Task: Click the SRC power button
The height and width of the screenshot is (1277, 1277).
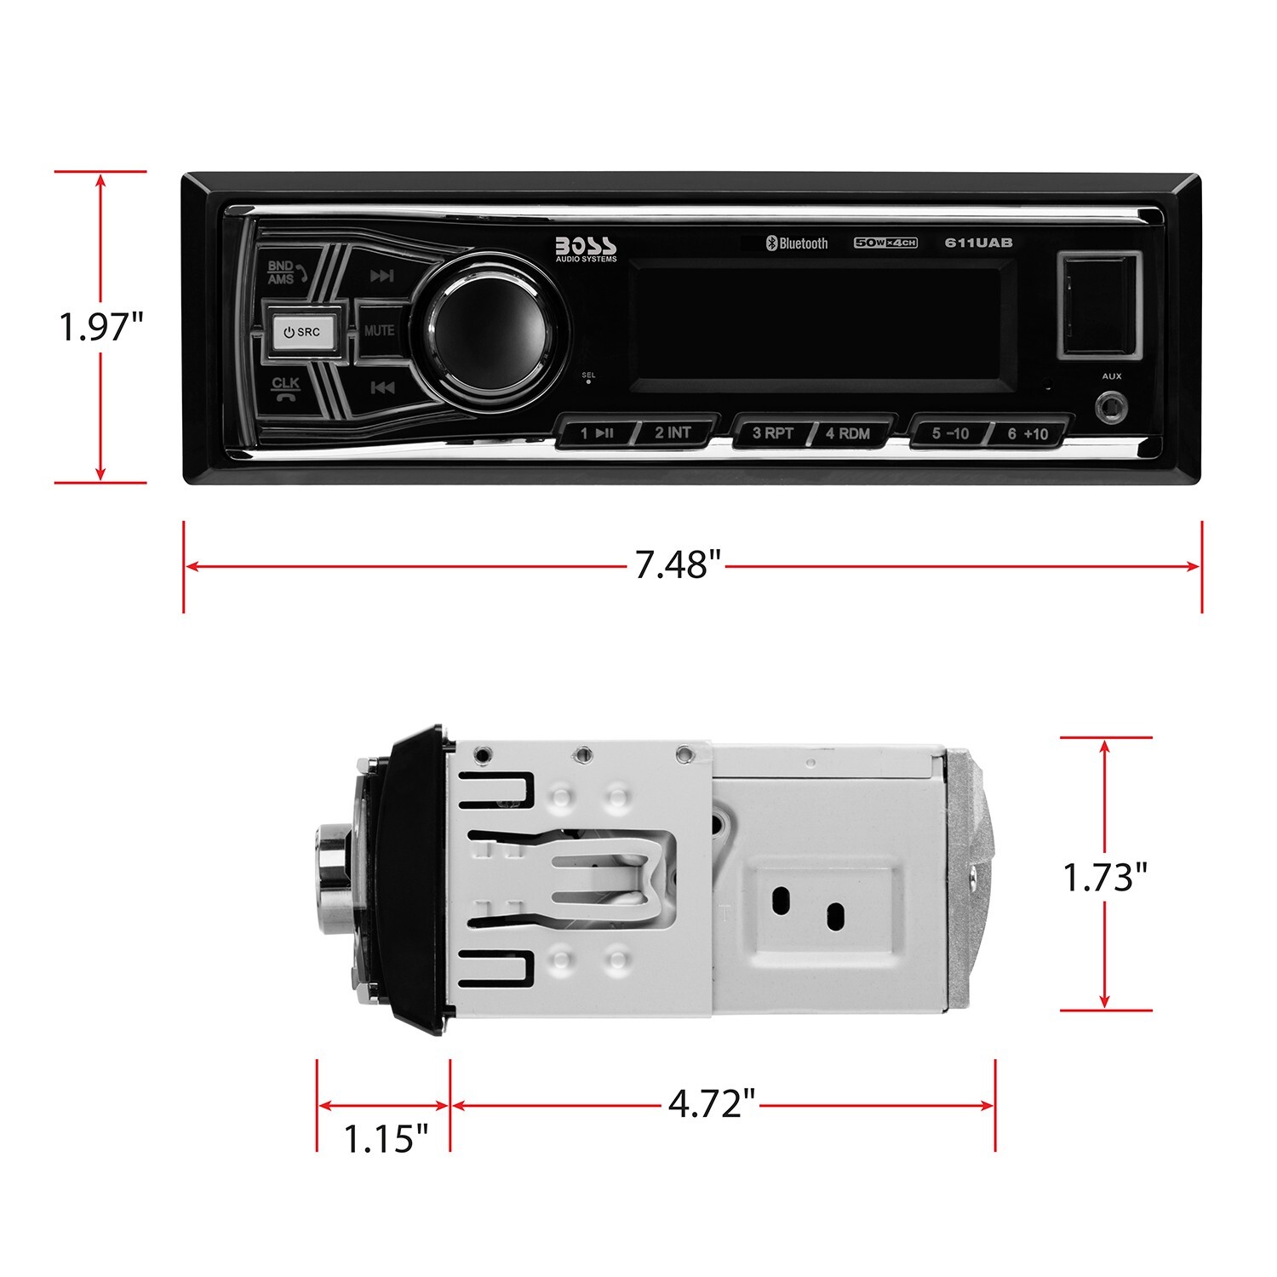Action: (x=302, y=331)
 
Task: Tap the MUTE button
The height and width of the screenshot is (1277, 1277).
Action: (x=379, y=330)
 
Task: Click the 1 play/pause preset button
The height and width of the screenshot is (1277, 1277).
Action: (x=597, y=432)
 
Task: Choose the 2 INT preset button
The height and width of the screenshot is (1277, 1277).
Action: (x=673, y=432)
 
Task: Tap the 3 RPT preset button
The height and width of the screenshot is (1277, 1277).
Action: (x=772, y=432)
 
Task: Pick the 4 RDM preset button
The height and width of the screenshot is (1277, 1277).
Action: (x=848, y=433)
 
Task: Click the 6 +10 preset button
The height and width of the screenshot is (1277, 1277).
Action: (x=1028, y=433)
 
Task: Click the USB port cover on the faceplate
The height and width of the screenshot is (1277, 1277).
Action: (x=1099, y=304)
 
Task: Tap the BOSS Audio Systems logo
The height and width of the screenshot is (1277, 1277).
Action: (x=586, y=247)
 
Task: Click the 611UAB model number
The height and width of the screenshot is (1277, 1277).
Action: (x=978, y=243)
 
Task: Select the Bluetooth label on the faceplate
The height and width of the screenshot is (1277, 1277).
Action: (x=797, y=243)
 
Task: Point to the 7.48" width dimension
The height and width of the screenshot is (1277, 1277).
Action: (x=678, y=564)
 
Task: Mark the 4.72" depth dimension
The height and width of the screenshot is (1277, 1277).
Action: (x=712, y=1104)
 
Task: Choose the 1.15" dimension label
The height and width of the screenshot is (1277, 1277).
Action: (x=385, y=1138)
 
